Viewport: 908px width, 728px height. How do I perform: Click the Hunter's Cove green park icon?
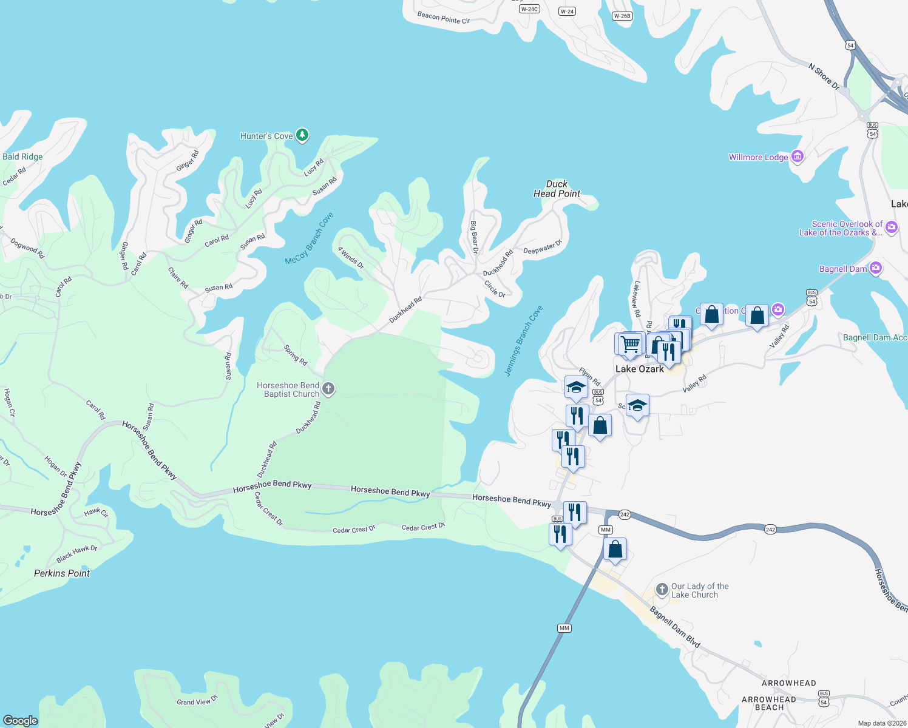pos(302,135)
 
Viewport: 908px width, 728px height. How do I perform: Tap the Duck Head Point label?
pos(557,189)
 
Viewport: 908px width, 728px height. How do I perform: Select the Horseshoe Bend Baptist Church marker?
pos(328,389)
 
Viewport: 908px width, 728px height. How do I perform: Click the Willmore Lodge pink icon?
pos(798,157)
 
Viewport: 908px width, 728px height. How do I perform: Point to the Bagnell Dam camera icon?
pos(875,268)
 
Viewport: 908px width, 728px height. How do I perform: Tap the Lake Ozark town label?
pos(640,369)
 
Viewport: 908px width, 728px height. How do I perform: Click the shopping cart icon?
pos(631,344)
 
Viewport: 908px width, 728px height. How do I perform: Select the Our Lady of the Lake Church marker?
pos(662,590)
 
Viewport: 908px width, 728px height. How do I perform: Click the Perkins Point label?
pos(62,573)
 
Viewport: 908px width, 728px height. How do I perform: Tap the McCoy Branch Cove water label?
pos(310,238)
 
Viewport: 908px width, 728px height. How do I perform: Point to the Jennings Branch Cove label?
pos(524,340)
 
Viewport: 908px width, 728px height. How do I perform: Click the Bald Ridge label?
pos(22,157)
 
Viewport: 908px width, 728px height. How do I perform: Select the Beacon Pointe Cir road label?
pos(444,18)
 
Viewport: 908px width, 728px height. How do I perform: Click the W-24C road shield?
pos(529,9)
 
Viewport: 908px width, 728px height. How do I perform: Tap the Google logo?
pos(21,720)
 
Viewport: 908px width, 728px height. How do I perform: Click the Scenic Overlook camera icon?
pos(892,227)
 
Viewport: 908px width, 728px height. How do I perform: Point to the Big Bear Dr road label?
pos(475,237)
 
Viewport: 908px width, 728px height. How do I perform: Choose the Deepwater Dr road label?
pos(543,248)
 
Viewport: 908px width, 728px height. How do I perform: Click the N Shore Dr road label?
pos(824,76)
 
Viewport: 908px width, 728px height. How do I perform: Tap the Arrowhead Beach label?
pos(769,703)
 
